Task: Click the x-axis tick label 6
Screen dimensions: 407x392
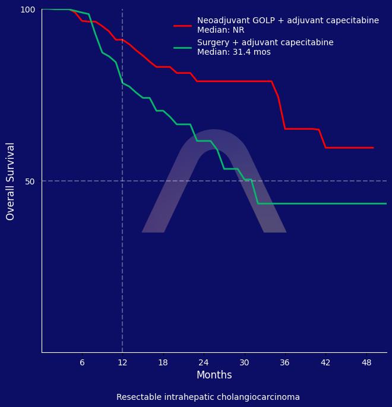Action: (x=82, y=362)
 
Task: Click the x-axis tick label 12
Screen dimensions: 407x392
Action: (x=122, y=362)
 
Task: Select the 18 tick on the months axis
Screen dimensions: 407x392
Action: (x=163, y=362)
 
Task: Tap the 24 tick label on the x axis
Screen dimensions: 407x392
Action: (x=204, y=362)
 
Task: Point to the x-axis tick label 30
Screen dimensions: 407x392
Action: (x=244, y=362)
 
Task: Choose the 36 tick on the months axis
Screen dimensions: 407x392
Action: (x=284, y=362)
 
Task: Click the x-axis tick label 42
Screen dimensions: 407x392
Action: (x=325, y=362)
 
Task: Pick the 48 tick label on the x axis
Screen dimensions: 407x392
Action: (x=366, y=362)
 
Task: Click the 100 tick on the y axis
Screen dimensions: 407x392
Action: (x=28, y=10)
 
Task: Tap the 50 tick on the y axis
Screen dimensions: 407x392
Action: (x=30, y=181)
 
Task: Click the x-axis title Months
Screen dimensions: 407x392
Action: (x=214, y=375)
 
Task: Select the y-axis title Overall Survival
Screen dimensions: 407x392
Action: (x=11, y=181)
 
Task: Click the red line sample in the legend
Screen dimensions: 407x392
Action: (x=182, y=26)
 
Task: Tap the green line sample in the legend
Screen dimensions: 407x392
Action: (x=182, y=48)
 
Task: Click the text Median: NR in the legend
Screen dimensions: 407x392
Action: (x=220, y=30)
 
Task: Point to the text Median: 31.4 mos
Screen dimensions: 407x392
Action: (x=233, y=52)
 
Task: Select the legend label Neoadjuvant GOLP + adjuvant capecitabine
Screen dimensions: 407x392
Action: (x=287, y=21)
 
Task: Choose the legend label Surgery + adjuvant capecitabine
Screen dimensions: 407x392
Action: (x=265, y=43)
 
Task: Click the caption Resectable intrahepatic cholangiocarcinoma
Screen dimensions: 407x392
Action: (x=208, y=397)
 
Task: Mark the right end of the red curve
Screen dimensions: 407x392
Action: (x=373, y=148)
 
